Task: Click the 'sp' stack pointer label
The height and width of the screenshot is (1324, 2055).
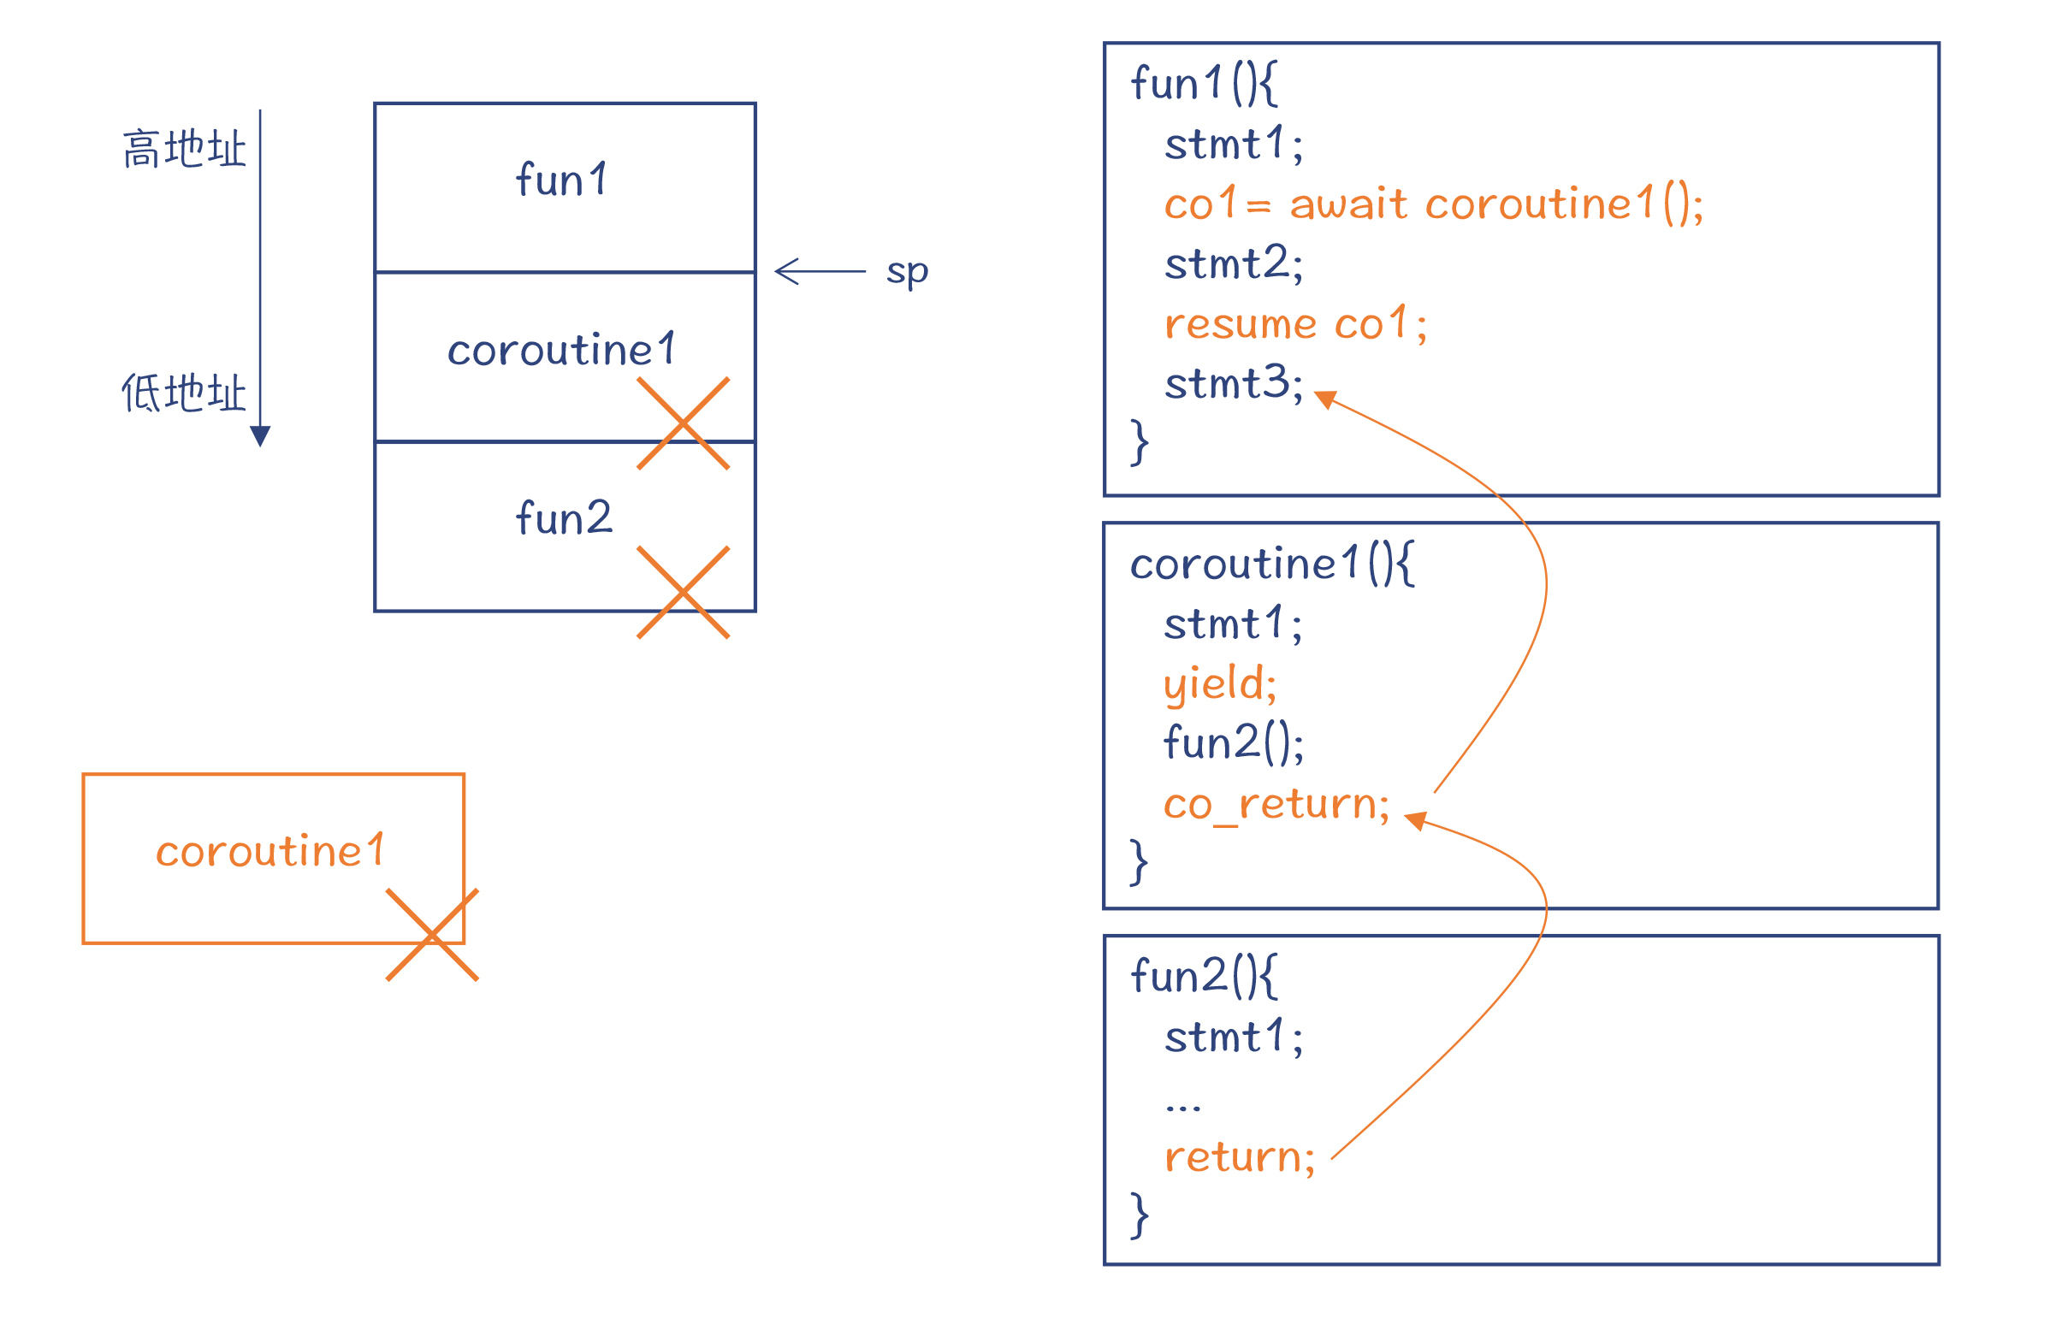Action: pos(906,272)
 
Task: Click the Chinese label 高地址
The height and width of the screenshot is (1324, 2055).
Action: pos(184,150)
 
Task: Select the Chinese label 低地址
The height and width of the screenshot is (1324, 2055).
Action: pos(184,393)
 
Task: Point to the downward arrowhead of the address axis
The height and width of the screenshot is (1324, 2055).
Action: pos(260,436)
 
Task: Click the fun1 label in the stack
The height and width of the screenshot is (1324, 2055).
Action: pos(562,180)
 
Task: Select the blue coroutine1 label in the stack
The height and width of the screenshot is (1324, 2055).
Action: pos(562,350)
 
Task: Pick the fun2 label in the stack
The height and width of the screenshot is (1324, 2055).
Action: pos(564,518)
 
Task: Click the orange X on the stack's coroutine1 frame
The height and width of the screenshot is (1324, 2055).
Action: pos(683,423)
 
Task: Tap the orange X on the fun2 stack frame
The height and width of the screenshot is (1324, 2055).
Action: pos(683,593)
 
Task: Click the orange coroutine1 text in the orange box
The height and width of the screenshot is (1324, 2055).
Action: pos(271,851)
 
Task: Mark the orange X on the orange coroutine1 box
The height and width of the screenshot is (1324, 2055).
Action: pos(432,935)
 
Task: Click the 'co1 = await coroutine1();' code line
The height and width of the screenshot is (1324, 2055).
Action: pos(1432,204)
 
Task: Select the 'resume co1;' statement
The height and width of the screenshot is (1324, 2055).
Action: pos(1295,324)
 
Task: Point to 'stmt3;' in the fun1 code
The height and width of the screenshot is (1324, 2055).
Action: pos(1233,383)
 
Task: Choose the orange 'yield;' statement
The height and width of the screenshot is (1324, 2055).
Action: pos(1219,683)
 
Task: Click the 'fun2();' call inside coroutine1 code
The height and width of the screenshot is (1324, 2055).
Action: pos(1233,742)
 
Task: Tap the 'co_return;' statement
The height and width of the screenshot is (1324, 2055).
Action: pos(1276,804)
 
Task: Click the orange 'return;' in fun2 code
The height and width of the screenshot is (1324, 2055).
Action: pos(1239,1157)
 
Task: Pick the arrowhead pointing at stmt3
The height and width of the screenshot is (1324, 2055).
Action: pos(1326,399)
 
